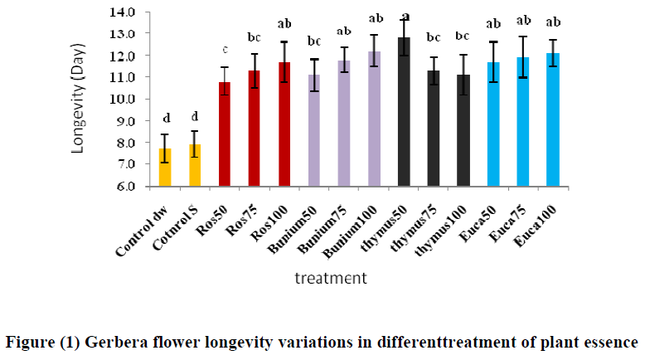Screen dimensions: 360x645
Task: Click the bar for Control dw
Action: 165,168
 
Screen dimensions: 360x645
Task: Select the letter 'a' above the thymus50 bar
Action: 405,16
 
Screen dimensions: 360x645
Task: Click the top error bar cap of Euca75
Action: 523,36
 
